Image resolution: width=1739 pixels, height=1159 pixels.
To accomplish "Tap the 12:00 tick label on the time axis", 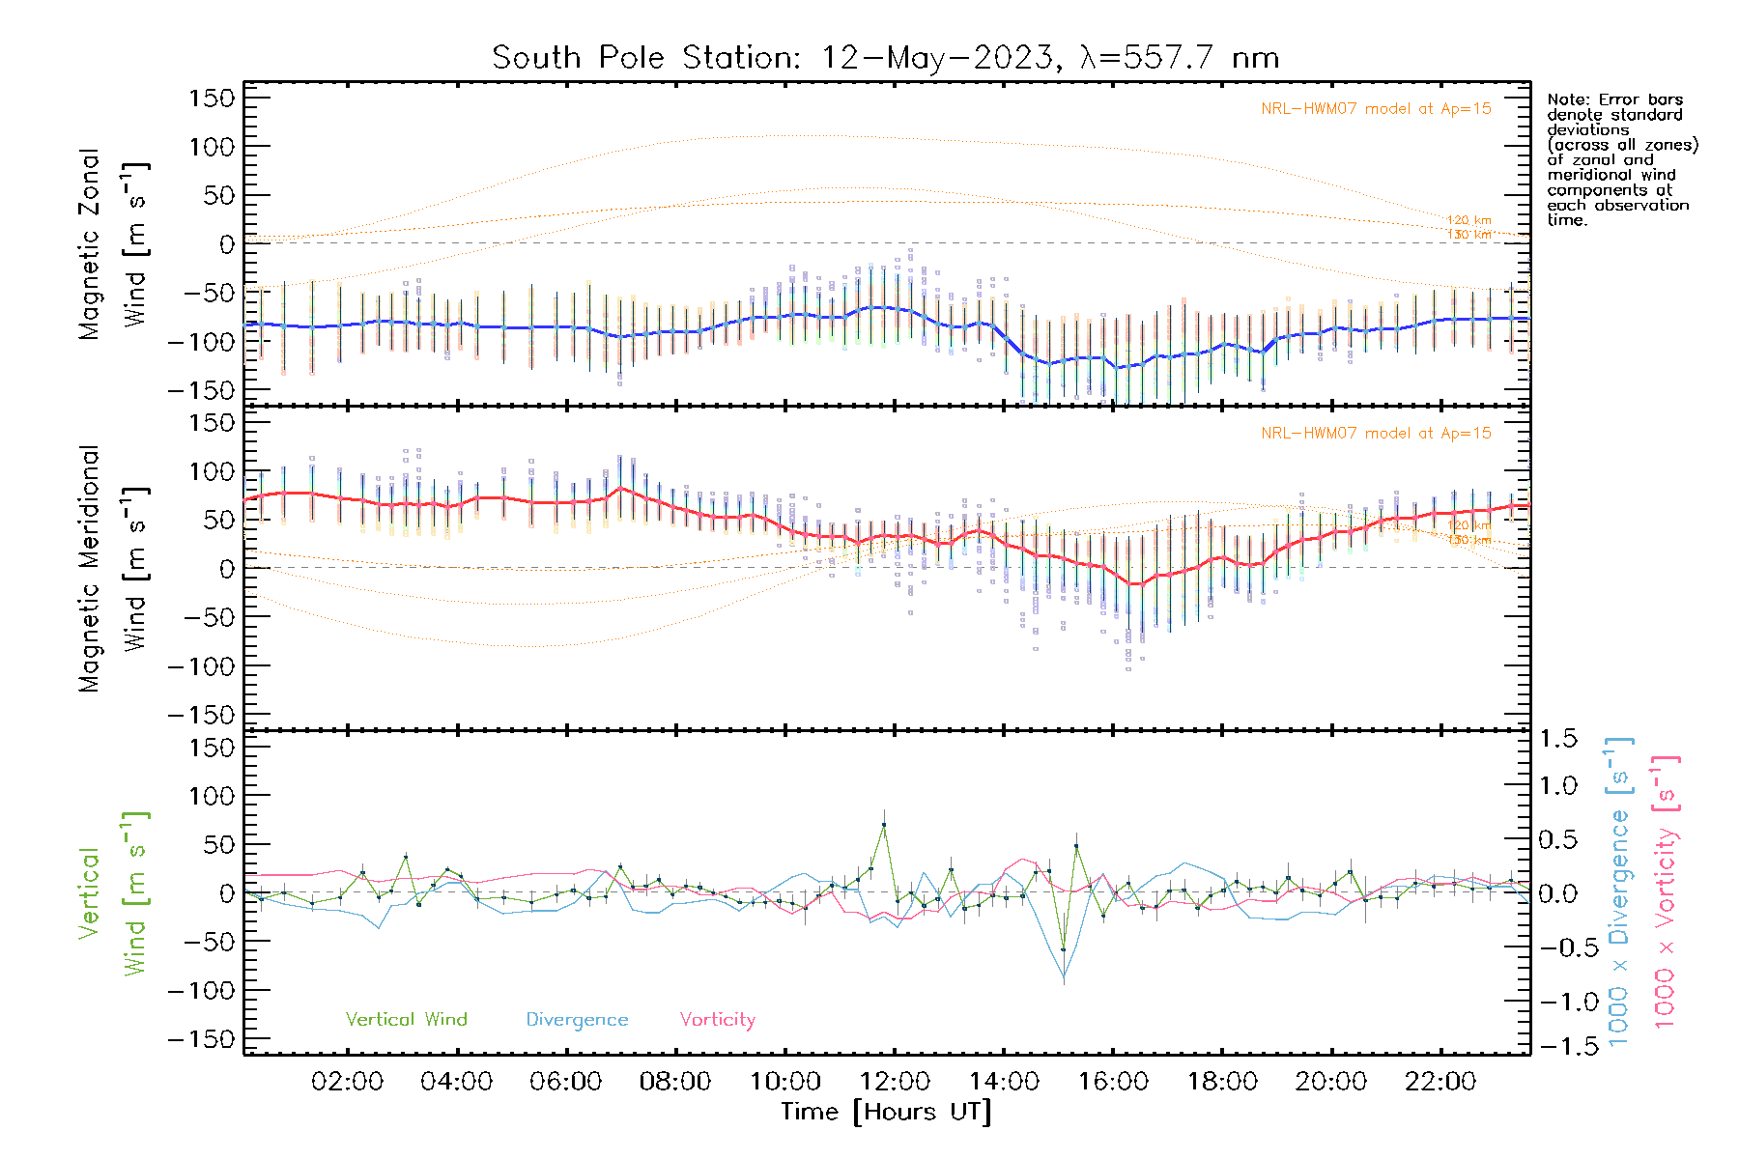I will [895, 1082].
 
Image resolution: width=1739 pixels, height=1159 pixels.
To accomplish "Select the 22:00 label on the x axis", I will [1440, 1082].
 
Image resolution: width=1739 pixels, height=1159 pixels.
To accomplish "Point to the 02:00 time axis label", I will [347, 1082].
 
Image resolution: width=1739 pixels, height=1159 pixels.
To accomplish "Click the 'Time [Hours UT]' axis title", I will [886, 1112].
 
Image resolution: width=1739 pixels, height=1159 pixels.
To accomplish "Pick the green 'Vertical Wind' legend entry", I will [406, 1020].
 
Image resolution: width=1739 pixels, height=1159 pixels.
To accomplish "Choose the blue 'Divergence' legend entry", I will [577, 1020].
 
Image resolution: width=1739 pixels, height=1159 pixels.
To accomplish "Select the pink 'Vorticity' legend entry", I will [717, 1020].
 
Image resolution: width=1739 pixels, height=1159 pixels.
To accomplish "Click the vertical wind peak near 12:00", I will [883, 825].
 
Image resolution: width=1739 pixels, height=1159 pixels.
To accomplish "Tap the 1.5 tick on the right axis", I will [1558, 739].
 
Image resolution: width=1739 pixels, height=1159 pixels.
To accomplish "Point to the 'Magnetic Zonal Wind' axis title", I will [113, 244].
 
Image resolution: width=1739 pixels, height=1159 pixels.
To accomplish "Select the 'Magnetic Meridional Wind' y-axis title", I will [113, 569].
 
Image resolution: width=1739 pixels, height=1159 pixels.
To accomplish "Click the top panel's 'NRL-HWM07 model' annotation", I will [1376, 109].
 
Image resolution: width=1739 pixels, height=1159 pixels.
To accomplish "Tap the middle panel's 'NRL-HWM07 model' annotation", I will [1376, 434].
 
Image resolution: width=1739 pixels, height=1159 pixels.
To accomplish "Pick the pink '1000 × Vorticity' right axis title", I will [1666, 891].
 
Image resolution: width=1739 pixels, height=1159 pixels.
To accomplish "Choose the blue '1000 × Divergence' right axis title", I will [1619, 891].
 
